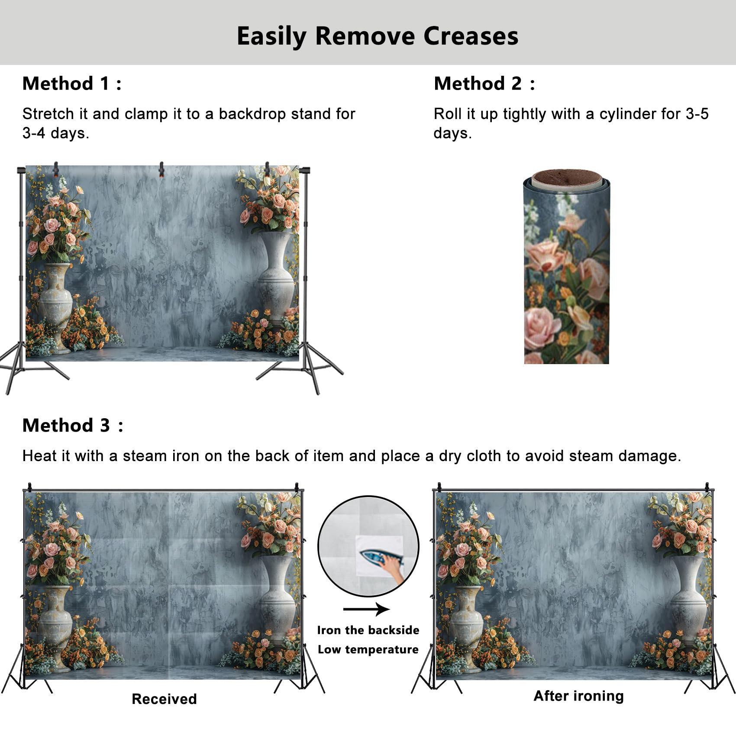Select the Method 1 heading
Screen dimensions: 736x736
point(71,84)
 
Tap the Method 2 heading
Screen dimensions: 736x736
point(484,84)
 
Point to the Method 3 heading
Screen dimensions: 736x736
point(72,426)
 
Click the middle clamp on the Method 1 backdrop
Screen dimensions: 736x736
point(161,169)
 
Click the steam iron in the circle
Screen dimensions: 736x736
point(373,558)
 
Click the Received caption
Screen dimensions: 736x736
point(164,699)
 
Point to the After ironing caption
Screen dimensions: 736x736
point(578,696)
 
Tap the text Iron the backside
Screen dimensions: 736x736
point(368,630)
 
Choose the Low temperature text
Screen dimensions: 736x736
point(368,649)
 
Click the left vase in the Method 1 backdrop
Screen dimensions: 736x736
point(56,299)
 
